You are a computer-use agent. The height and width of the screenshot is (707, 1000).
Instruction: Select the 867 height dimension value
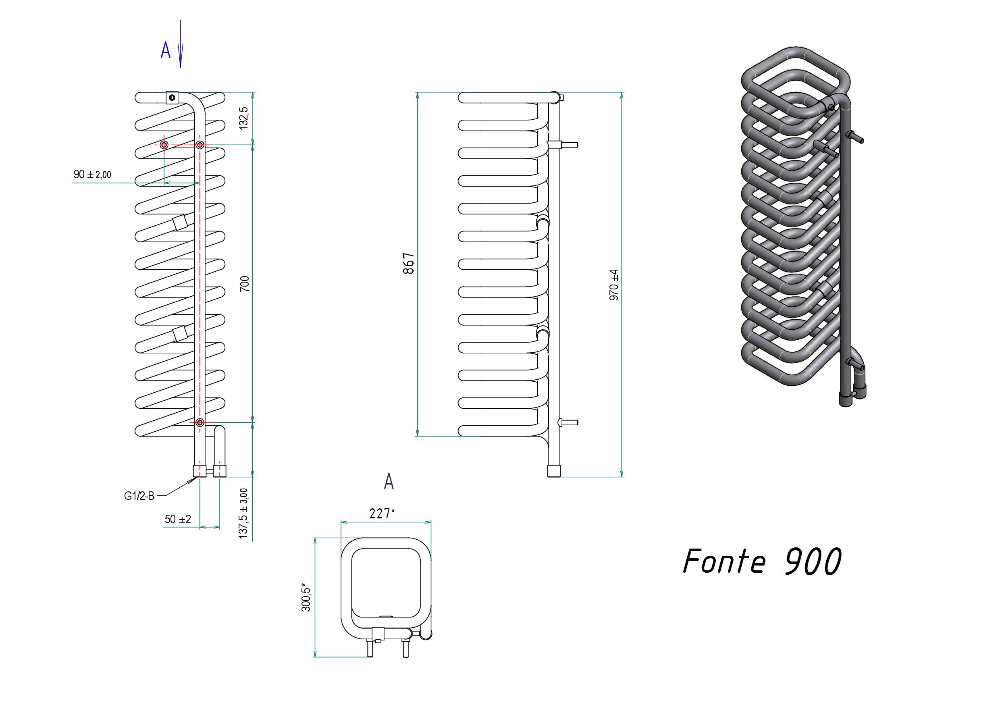coord(409,264)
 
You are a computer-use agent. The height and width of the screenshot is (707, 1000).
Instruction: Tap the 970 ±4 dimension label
coord(614,285)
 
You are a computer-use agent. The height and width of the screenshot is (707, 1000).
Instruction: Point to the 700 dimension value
coord(244,284)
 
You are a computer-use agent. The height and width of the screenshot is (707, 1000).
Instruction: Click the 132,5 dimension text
coord(243,119)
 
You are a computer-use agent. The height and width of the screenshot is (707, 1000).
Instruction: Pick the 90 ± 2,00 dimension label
coord(92,174)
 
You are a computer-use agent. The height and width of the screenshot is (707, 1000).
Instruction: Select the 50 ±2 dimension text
coord(178,519)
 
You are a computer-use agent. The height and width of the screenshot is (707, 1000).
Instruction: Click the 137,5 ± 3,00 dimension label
coord(243,514)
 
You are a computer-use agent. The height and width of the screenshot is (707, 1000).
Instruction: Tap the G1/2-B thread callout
coord(139,496)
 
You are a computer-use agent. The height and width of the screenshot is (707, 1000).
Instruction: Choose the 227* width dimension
coord(382,514)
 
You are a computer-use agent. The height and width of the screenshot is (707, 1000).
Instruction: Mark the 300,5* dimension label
coord(306,597)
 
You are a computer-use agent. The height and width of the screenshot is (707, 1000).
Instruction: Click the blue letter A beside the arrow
coord(166,50)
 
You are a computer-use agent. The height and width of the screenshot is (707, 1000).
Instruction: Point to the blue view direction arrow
coord(181,44)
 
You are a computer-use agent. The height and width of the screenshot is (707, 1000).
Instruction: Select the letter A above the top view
coord(389,481)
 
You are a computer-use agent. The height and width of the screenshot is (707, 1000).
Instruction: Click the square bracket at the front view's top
coord(172,98)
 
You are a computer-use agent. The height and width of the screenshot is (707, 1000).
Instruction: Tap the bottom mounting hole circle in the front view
coord(200,422)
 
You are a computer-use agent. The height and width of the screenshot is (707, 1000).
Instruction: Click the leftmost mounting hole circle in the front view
coord(164,145)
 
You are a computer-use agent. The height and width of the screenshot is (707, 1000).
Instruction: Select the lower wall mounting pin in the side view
coord(568,422)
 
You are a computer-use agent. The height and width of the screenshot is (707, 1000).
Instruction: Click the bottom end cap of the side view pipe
coord(554,471)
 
